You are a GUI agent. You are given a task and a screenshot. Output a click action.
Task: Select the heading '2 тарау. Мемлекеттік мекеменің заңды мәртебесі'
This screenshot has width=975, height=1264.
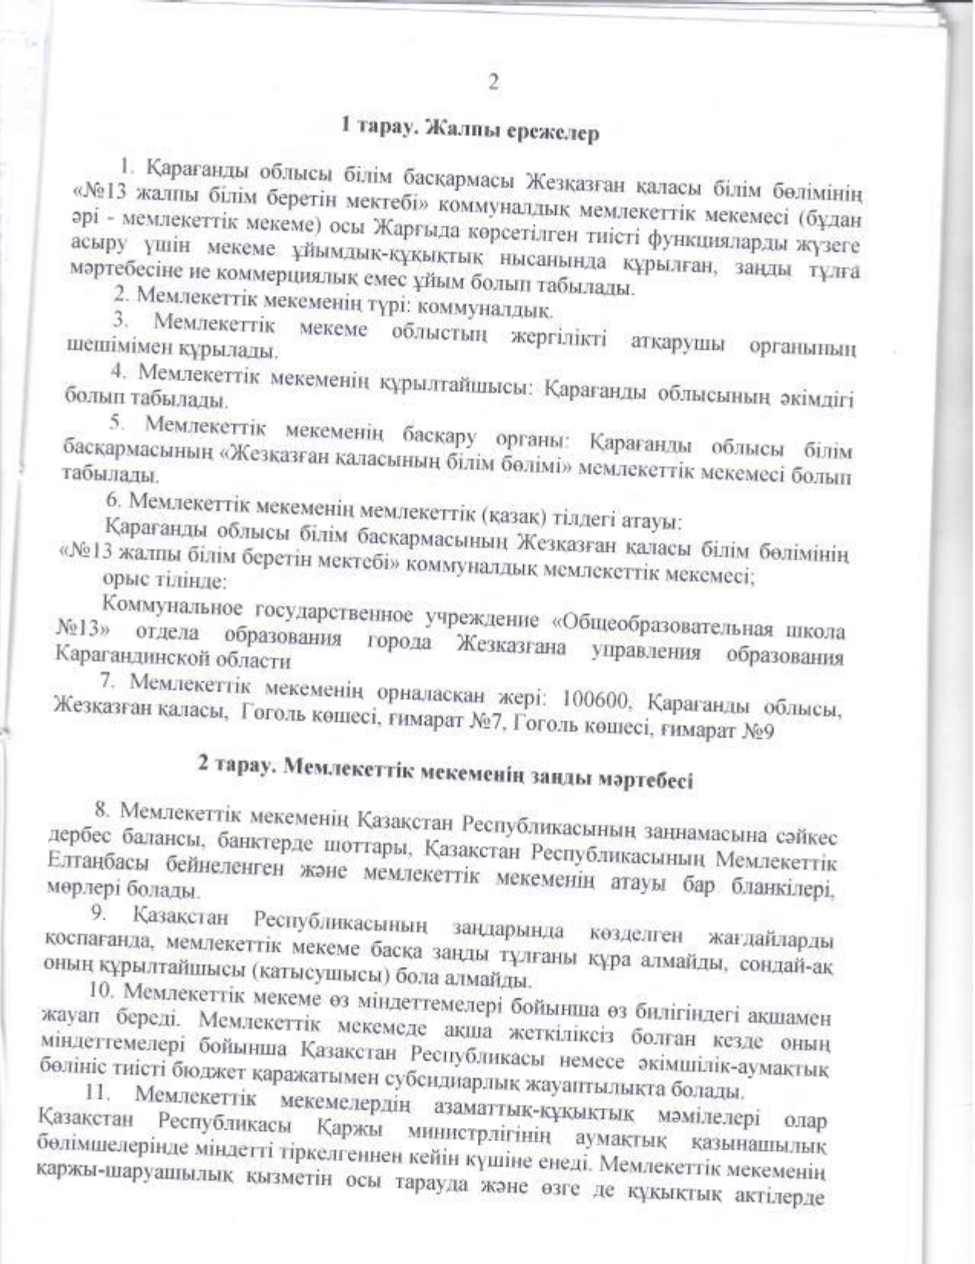coord(446,772)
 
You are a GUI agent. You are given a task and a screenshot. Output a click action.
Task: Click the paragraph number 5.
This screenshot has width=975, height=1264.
coord(116,421)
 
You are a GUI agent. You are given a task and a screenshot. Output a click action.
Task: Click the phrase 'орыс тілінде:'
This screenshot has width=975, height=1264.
coord(163,581)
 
